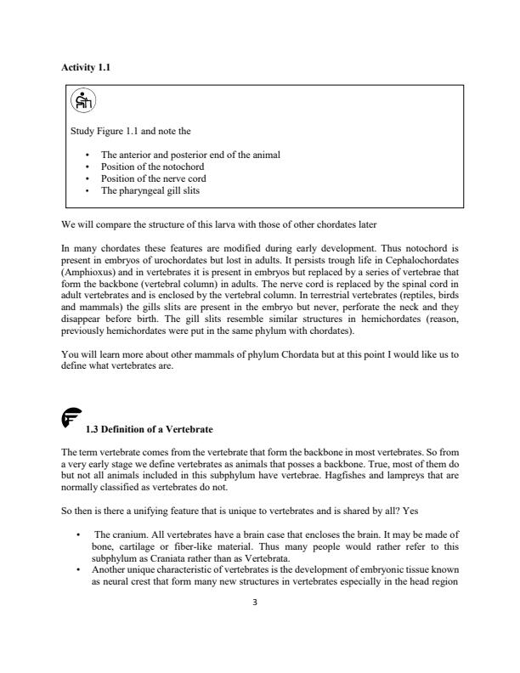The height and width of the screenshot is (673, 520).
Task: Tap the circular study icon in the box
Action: click(82, 101)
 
